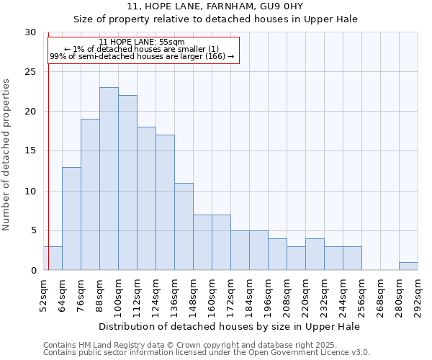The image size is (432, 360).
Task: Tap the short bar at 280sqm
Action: click(x=408, y=266)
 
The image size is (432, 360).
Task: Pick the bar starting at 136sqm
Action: click(x=184, y=226)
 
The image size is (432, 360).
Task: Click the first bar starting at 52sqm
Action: click(x=53, y=258)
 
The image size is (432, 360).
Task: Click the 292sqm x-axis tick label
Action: click(x=418, y=295)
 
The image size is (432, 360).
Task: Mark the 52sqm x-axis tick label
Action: click(x=43, y=295)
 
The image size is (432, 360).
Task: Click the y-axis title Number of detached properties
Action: click(x=7, y=155)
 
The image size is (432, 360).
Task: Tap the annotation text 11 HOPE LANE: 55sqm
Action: click(x=142, y=42)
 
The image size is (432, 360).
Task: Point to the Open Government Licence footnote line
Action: click(x=207, y=352)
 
